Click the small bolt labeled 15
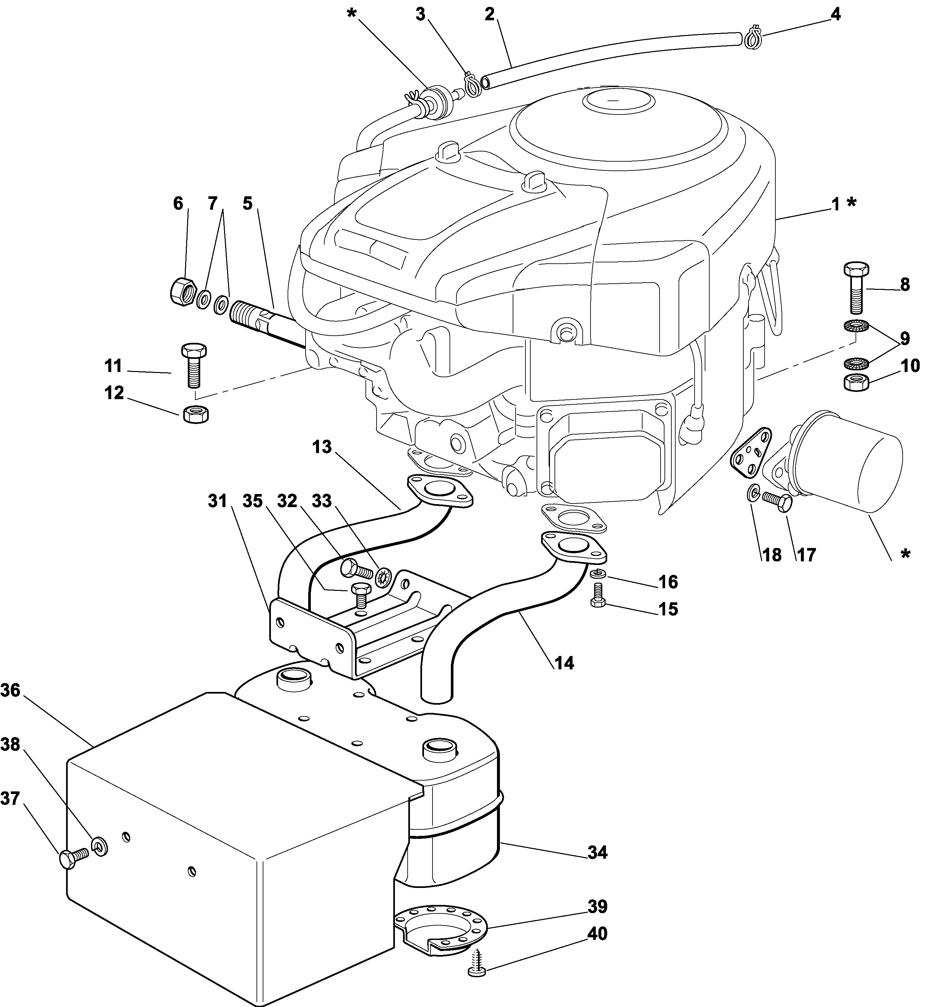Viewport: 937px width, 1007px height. (599, 594)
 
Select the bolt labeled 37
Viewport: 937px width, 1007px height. (73, 856)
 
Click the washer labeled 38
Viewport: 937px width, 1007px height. (99, 846)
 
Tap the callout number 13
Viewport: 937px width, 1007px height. (322, 447)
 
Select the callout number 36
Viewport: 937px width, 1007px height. (10, 690)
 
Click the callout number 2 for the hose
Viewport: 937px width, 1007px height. (489, 14)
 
